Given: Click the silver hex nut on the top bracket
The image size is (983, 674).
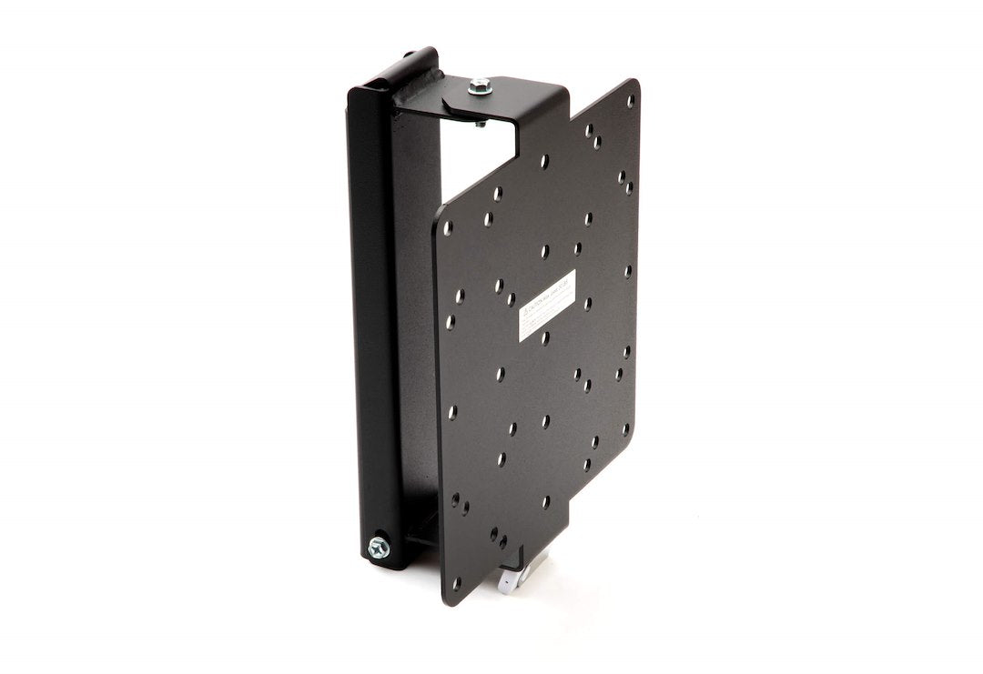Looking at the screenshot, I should [x=480, y=87].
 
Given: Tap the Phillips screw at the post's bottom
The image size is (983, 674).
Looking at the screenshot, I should [x=378, y=547].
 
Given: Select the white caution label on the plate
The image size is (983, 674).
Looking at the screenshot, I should [x=546, y=305].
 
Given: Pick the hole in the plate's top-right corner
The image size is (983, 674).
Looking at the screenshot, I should [x=630, y=101].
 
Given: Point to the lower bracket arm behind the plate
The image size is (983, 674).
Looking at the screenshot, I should [x=423, y=528].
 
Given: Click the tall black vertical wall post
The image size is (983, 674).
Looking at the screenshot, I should [x=373, y=318].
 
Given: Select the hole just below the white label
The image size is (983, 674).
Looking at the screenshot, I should [x=544, y=338].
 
